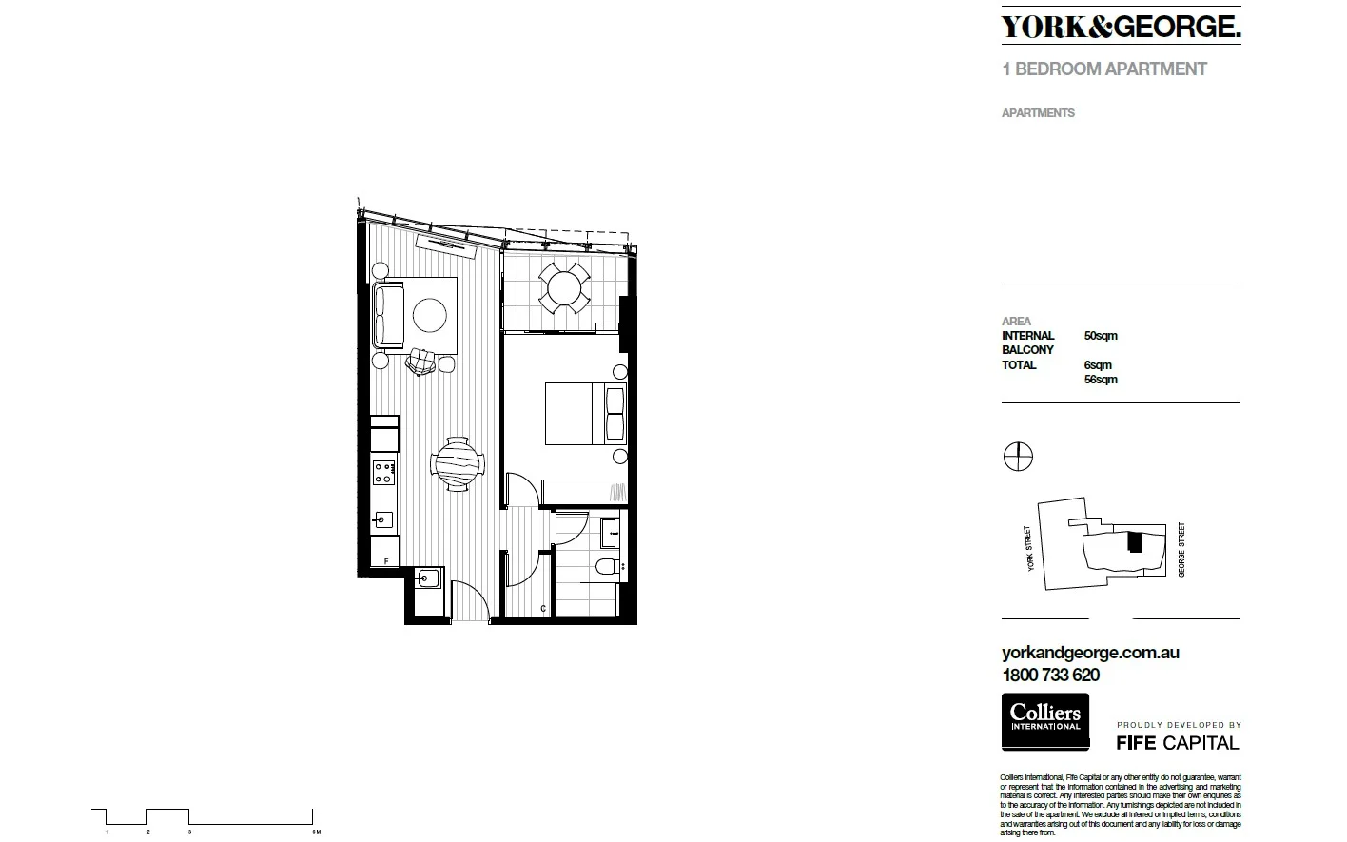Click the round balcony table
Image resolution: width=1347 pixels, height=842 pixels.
pos(565,286)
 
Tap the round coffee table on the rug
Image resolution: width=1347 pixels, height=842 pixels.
pos(430,315)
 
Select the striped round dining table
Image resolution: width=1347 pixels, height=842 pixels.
pos(459,464)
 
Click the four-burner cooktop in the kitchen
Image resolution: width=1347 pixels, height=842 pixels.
pos(383,471)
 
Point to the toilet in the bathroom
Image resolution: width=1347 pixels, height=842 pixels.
pos(607,569)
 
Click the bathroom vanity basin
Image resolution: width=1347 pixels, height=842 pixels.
pos(610,531)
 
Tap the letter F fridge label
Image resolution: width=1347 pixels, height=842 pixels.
pos(385,562)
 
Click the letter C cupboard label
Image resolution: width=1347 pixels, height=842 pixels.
pos(542,608)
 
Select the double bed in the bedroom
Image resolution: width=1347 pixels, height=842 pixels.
pos(585,413)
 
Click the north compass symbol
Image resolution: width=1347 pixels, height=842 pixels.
pos(1018,458)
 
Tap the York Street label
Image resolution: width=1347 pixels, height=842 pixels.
pos(1028,549)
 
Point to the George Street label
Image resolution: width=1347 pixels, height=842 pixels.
pos(1181,549)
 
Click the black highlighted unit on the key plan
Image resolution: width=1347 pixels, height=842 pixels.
pos(1134,541)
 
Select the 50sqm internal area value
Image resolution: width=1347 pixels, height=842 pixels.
pos(1101,336)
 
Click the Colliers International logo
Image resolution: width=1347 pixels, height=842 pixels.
pos(1044,720)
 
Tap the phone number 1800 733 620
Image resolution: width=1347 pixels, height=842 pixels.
pos(1050,676)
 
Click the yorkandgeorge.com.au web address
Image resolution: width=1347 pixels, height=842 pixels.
pos(1090,653)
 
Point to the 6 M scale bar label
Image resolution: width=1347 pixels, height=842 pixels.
pos(316,832)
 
